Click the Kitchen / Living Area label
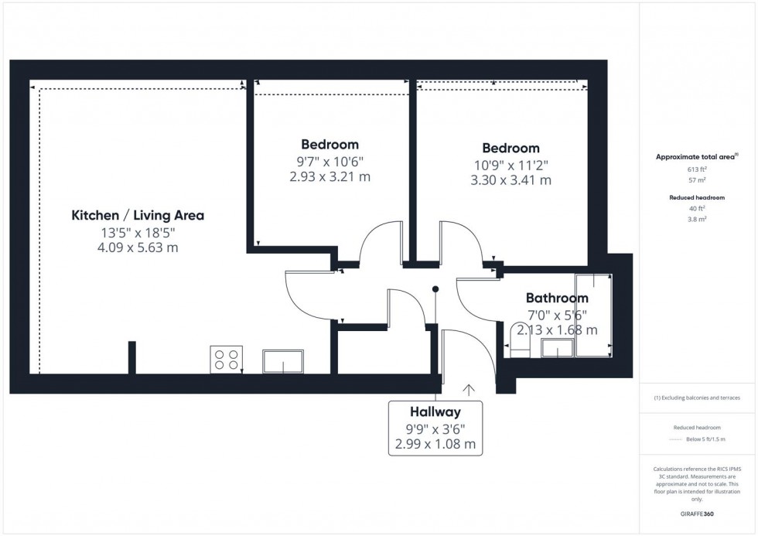(x=138, y=215)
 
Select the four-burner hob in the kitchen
(x=226, y=360)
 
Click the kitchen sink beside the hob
(x=283, y=361)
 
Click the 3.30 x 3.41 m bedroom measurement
(x=510, y=180)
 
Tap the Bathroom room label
(x=557, y=298)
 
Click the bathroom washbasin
(x=555, y=349)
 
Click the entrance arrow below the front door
(x=468, y=390)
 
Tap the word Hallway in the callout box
(x=435, y=412)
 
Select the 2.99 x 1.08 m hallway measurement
(x=435, y=445)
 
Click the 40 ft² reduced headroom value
(x=697, y=208)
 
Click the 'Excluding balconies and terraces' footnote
(x=697, y=398)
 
